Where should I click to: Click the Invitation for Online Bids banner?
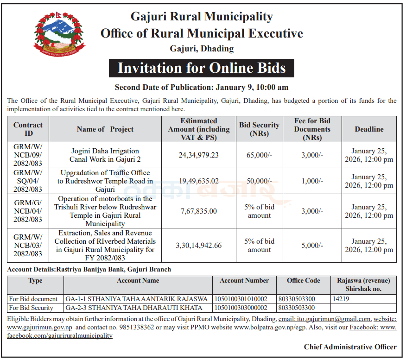(202, 68)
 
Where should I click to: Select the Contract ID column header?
(28, 129)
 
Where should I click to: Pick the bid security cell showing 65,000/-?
(259, 155)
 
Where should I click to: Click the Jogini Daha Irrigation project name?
(105, 155)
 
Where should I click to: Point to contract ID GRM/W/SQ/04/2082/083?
(28, 181)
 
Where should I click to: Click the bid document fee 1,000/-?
(312, 181)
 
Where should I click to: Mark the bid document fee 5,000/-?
(312, 246)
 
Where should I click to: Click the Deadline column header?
(369, 129)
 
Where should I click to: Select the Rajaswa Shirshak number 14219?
(341, 299)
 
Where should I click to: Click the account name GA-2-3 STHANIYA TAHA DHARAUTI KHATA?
(134, 308)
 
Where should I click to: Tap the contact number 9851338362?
(137, 328)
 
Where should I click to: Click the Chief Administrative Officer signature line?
(350, 347)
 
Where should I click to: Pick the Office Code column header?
(303, 281)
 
